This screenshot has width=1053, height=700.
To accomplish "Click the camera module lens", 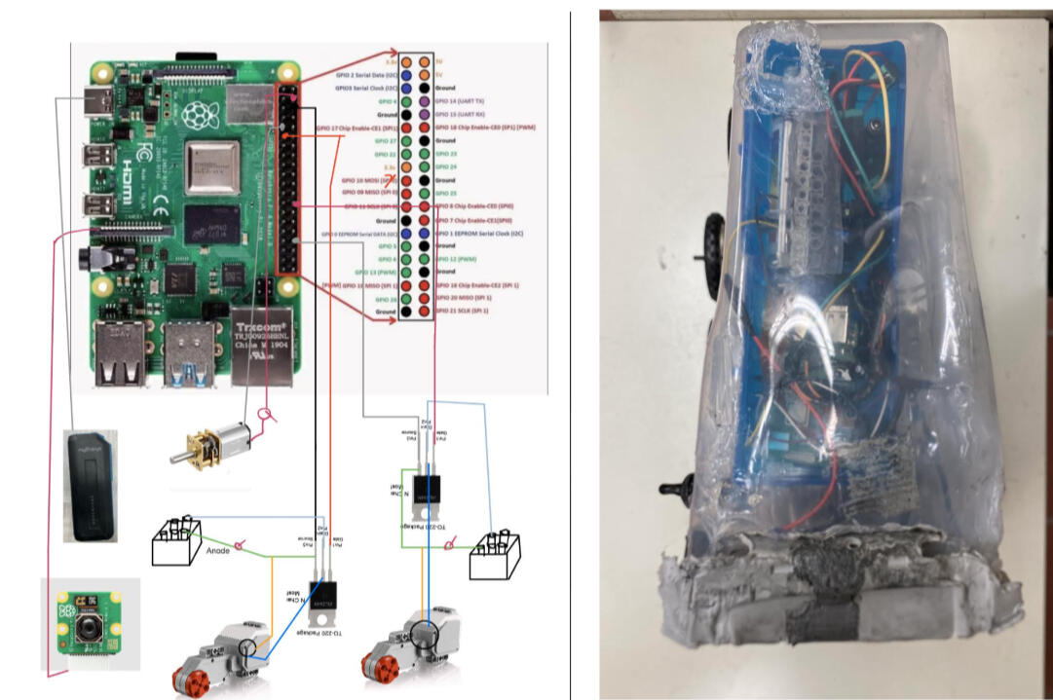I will (90, 629).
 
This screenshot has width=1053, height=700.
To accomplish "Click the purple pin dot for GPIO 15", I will (424, 114).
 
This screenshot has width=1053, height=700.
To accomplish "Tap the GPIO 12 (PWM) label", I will (457, 258).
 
